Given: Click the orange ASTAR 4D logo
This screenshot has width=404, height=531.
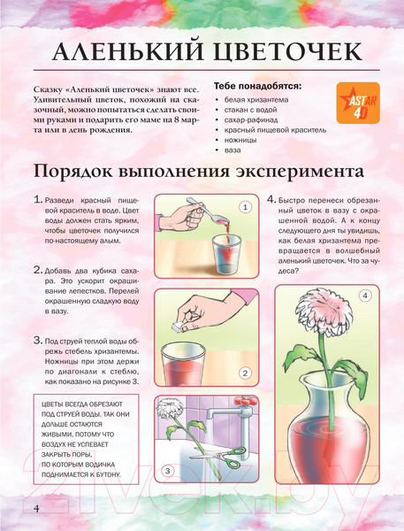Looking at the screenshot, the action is click(358, 103).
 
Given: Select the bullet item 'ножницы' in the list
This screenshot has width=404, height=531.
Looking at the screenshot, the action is click(240, 140).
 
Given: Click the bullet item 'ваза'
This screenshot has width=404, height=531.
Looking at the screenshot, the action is click(232, 150).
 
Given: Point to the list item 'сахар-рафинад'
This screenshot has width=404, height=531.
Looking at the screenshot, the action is click(251, 119).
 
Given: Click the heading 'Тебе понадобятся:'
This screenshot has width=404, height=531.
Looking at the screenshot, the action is click(257, 86).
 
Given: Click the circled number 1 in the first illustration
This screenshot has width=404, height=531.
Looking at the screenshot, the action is click(245, 206).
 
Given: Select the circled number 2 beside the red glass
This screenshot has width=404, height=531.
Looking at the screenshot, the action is click(245, 373).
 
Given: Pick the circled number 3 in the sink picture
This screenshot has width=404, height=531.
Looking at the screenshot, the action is click(168, 471).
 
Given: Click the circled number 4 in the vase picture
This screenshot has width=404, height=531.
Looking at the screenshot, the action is click(365, 296).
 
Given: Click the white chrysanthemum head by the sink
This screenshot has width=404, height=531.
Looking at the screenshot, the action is click(171, 408).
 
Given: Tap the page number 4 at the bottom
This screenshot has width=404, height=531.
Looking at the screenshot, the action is click(36, 508).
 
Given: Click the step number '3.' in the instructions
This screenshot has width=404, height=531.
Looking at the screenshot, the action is click(38, 341).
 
